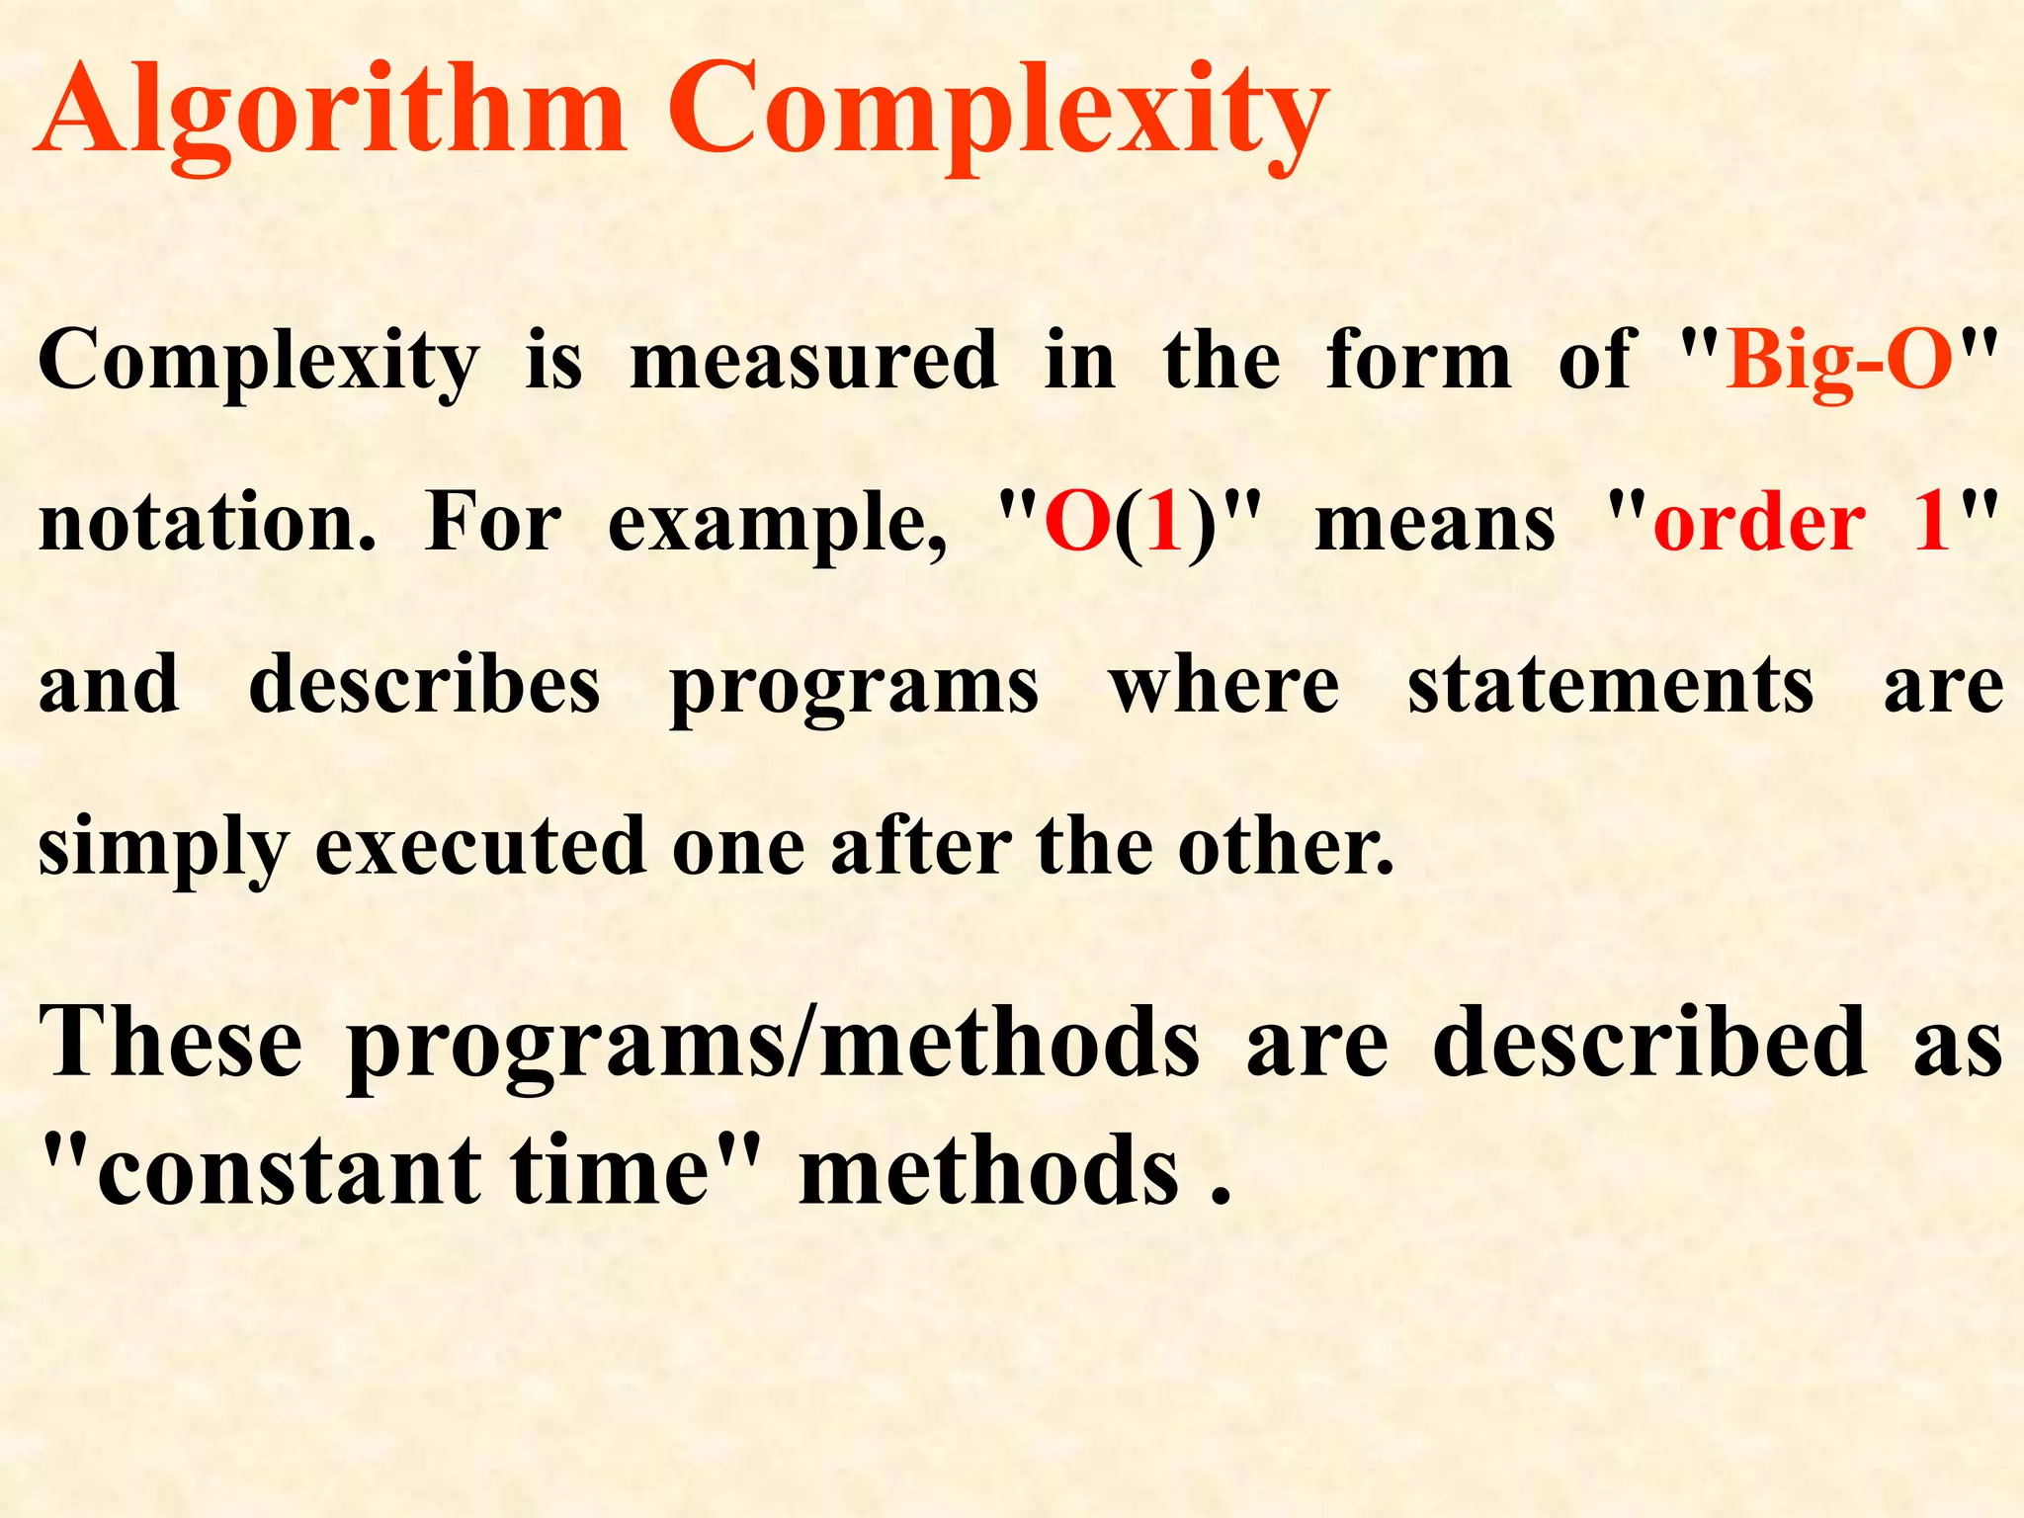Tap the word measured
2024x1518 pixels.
(x=812, y=361)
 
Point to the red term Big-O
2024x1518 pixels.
(x=1838, y=361)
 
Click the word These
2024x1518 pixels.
(x=170, y=1042)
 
